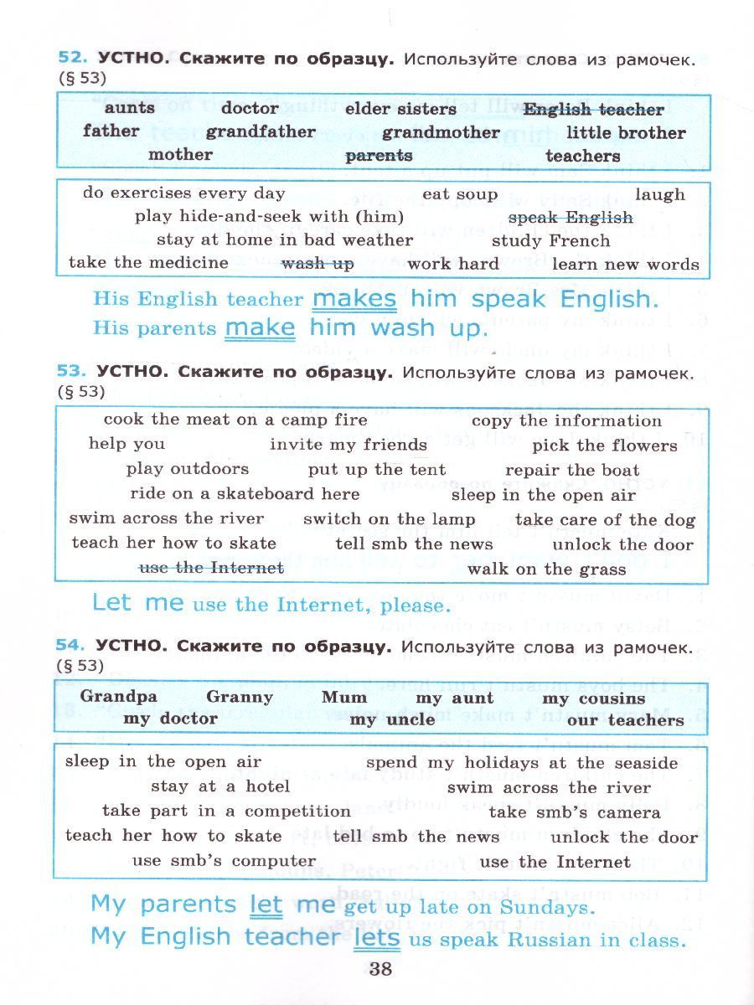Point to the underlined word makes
click(354, 299)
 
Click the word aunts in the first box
click(130, 108)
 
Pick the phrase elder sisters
click(400, 109)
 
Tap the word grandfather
click(261, 131)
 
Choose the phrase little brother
click(625, 132)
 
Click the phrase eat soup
click(459, 194)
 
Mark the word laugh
click(659, 194)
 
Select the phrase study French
click(550, 241)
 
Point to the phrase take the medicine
click(148, 263)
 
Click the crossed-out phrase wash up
click(318, 264)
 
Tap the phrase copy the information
click(566, 421)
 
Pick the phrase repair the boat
click(572, 470)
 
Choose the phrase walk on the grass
click(546, 569)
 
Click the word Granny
click(240, 697)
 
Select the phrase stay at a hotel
click(220, 786)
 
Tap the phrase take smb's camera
click(574, 812)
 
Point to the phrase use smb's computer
click(224, 860)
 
